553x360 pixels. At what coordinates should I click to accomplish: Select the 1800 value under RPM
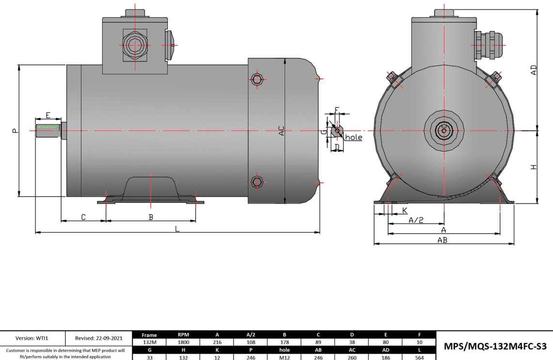click(x=183, y=342)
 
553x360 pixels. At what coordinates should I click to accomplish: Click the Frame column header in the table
click(x=149, y=335)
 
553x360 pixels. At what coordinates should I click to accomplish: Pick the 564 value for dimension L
click(x=419, y=357)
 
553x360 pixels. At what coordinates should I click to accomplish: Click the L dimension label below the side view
click(x=177, y=229)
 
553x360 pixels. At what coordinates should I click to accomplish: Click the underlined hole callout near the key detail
click(x=354, y=138)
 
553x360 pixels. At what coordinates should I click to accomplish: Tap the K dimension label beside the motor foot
click(x=405, y=210)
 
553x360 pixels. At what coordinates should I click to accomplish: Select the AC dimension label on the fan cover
click(x=281, y=131)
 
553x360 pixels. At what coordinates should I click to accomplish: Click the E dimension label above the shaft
click(x=48, y=115)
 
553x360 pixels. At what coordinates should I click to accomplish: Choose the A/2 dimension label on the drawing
click(x=416, y=220)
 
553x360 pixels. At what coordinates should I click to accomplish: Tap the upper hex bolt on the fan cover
click(x=257, y=79)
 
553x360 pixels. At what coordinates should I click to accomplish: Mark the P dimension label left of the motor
click(x=15, y=130)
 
